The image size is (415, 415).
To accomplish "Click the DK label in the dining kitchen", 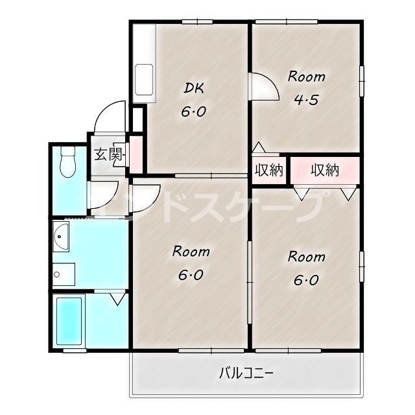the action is pos(194,88).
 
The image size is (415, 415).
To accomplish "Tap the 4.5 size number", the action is pos(306,99).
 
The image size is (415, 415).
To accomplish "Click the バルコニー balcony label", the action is pos(246,373).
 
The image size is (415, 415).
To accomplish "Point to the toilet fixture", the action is pos(68,162).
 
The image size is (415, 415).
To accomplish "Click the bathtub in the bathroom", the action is pos(69,322).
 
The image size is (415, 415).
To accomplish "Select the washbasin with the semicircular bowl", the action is pos(61,236).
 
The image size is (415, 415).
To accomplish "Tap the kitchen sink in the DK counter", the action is pos(144,79).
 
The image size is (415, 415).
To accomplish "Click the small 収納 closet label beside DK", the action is pos(269,170).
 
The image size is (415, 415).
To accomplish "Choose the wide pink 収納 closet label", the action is pos(325,170).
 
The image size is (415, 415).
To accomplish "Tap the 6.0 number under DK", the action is pos(193,112).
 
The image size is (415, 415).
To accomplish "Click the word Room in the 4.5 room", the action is pos(307,77).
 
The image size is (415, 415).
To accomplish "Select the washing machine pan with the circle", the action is pos(64,274).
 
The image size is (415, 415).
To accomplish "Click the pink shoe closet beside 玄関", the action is pos(136,155).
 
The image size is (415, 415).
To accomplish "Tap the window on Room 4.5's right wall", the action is pos(362,81).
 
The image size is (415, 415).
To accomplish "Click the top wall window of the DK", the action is pos(197,21).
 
